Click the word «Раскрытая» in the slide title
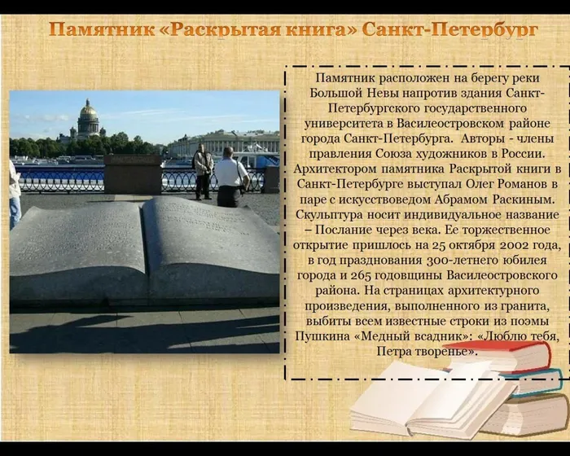[x=220, y=30]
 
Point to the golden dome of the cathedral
[x=89, y=110]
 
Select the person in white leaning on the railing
[x=230, y=177]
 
